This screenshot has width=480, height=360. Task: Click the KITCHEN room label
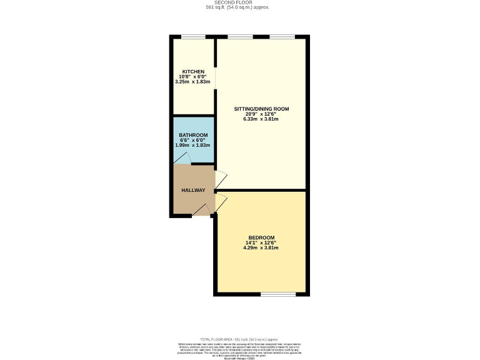[x=193, y=72]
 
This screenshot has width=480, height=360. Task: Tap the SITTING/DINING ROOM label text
[x=261, y=109]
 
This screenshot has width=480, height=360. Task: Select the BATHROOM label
[x=193, y=136]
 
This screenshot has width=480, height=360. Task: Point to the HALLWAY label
[x=193, y=190]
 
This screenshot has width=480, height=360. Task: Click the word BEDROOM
[x=261, y=237]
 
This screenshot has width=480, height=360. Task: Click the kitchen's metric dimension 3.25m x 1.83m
[x=193, y=82]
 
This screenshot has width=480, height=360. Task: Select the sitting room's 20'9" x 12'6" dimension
[x=261, y=114]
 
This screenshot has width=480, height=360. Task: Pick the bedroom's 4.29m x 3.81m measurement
[x=261, y=247]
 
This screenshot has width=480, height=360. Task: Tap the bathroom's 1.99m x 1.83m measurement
[x=193, y=146]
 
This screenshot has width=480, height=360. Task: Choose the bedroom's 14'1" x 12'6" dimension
[x=261, y=242]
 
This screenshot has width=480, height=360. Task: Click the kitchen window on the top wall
[x=194, y=37]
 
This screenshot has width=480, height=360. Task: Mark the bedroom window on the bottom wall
[x=278, y=294]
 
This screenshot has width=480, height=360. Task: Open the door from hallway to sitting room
[x=219, y=179]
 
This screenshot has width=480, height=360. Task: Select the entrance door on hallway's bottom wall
[x=202, y=211]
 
